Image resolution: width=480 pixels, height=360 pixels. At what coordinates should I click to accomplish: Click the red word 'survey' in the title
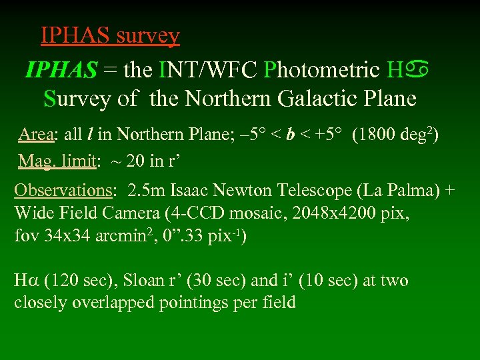(148, 35)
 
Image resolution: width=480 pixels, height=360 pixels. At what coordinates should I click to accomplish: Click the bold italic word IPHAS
(61, 69)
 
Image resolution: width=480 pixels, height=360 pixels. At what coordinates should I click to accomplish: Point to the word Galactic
(311, 99)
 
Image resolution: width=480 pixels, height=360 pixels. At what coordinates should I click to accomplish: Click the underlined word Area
(36, 134)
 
